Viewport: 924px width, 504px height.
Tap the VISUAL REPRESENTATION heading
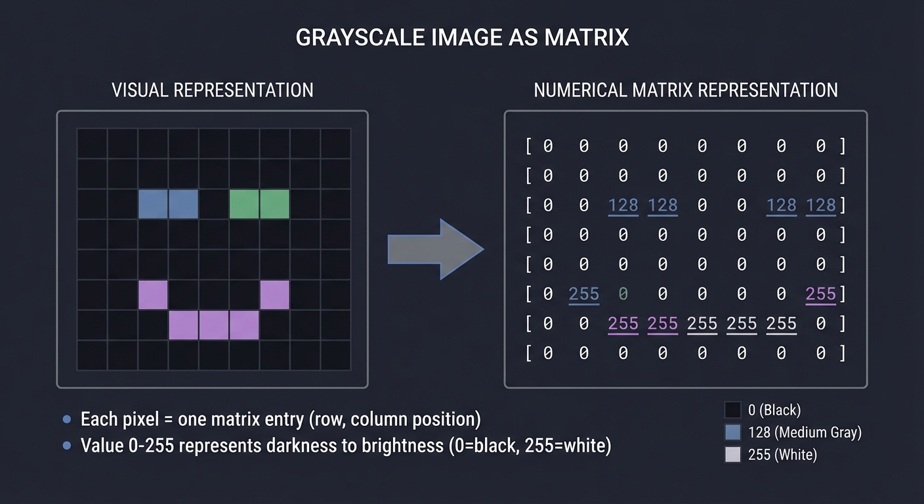click(212, 90)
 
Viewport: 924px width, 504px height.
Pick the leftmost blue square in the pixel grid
click(153, 204)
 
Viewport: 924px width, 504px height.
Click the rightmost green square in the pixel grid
click(274, 204)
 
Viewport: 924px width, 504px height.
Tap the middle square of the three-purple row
click(214, 325)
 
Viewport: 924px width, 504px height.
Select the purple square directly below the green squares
click(274, 295)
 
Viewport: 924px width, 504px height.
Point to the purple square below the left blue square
click(153, 295)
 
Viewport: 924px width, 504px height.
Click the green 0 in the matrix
click(623, 294)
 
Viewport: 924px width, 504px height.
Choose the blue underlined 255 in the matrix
click(583, 294)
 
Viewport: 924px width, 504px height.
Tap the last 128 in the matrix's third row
click(820, 205)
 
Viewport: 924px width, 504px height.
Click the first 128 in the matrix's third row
click(623, 205)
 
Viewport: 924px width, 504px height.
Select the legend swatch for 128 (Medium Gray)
click(732, 432)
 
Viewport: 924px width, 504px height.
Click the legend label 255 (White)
click(782, 455)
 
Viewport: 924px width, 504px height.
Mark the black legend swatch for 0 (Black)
click(732, 410)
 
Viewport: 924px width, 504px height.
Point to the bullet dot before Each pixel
click(66, 419)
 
